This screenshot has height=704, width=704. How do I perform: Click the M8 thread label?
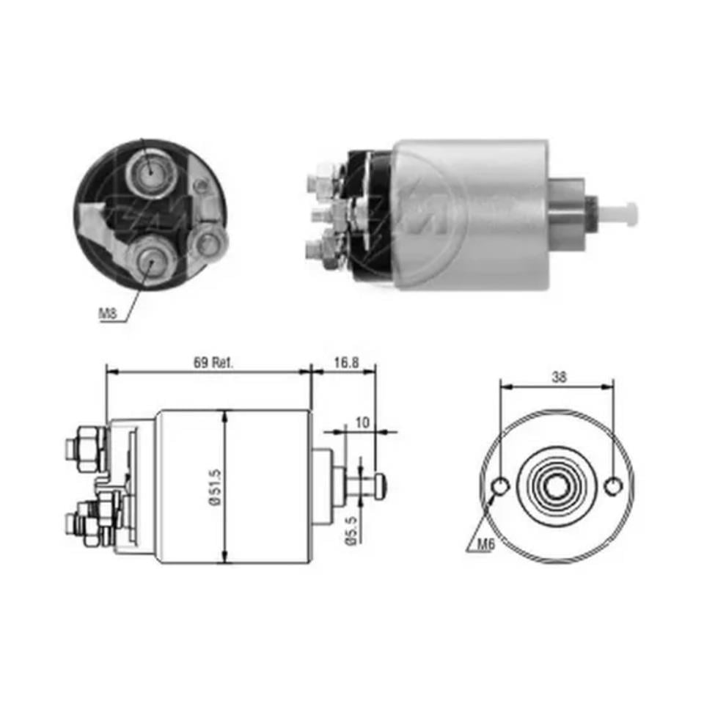click(x=108, y=314)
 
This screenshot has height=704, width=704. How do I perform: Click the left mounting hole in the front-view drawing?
click(x=501, y=486)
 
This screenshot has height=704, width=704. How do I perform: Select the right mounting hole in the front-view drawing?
click(x=615, y=486)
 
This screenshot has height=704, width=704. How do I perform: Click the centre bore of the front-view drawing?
click(x=558, y=485)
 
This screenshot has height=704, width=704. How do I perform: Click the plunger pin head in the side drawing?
click(x=378, y=485)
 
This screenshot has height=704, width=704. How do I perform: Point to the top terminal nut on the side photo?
click(x=323, y=178)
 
